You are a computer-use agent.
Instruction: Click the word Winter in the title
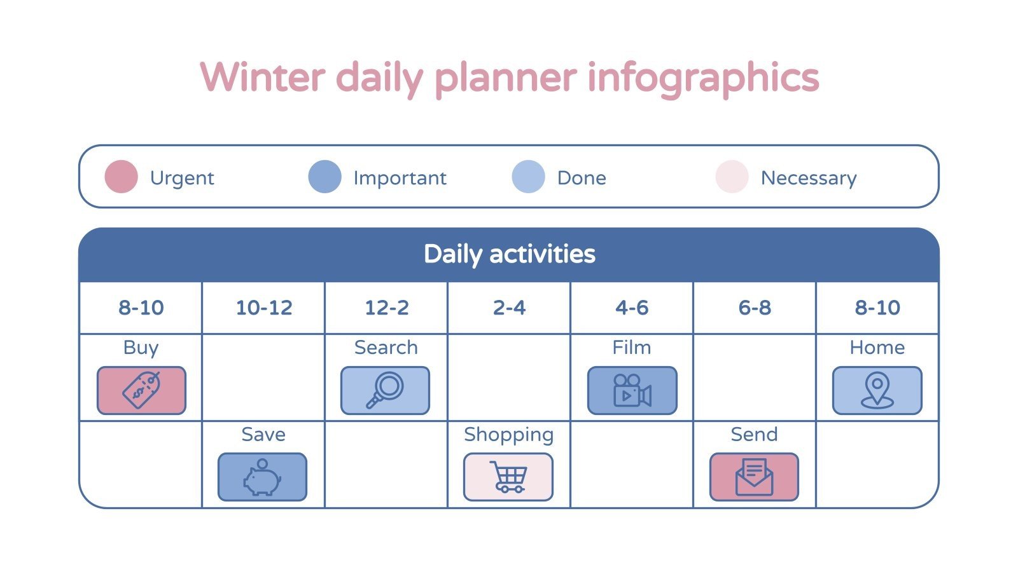[263, 78]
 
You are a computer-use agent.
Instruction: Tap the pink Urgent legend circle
[121, 177]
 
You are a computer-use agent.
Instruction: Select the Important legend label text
[400, 178]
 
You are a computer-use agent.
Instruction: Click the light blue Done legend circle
[528, 177]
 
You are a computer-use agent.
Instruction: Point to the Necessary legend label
[808, 178]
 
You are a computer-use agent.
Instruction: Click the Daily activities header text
[509, 254]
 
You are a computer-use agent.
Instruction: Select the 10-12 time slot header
[263, 308]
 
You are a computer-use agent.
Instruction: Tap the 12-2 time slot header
[386, 308]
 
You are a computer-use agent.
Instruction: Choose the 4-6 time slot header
[632, 308]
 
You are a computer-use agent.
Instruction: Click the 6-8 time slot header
[755, 308]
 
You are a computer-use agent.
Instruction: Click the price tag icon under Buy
[141, 390]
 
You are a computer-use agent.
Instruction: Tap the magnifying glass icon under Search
[385, 390]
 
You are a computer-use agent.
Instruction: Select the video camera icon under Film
[632, 390]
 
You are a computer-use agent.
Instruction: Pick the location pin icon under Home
[877, 390]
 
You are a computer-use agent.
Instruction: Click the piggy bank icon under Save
[262, 477]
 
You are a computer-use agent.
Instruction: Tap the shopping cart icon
[508, 477]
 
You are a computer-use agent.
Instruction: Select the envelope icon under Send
[754, 477]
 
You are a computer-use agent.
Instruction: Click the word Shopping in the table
[508, 435]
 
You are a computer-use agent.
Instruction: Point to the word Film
[631, 348]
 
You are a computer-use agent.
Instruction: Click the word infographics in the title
[702, 78]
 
